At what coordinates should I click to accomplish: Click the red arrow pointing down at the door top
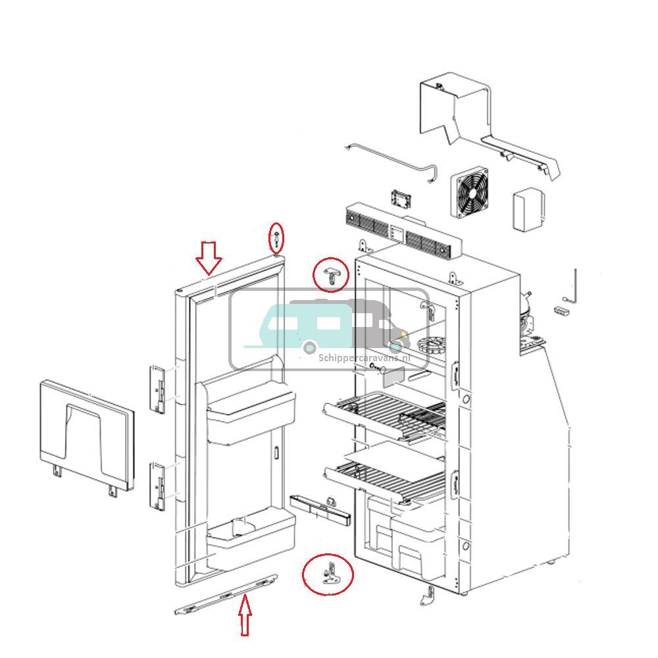209,258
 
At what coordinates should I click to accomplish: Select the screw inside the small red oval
277,238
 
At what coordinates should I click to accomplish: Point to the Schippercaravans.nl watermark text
364,358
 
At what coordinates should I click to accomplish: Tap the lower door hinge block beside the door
159,486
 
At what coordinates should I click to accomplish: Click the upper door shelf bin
249,414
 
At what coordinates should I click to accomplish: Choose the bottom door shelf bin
250,540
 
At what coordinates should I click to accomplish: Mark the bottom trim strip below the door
226,595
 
